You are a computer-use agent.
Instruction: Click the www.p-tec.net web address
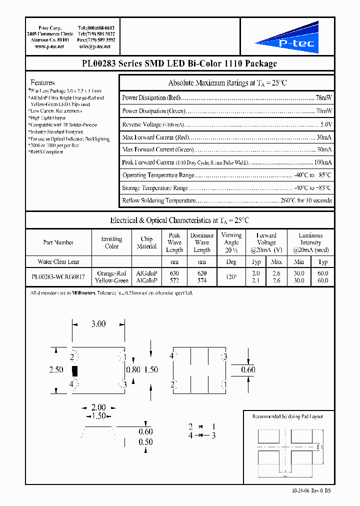(49, 46)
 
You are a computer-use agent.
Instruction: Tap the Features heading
(42, 82)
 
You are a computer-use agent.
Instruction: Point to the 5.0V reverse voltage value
(325, 124)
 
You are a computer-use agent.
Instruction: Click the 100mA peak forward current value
(322, 162)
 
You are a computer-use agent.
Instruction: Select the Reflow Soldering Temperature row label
(158, 200)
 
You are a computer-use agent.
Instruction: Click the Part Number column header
(58, 242)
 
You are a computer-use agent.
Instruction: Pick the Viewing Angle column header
(231, 242)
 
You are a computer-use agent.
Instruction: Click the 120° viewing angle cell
(231, 277)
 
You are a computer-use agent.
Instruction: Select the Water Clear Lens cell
(58, 261)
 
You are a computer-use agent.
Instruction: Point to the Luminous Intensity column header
(310, 242)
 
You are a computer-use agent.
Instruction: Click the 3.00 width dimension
(98, 324)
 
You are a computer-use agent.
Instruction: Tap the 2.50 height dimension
(56, 369)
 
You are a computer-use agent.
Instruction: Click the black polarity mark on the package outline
(75, 371)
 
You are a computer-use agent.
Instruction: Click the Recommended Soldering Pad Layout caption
(287, 416)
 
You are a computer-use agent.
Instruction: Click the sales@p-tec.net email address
(95, 46)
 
